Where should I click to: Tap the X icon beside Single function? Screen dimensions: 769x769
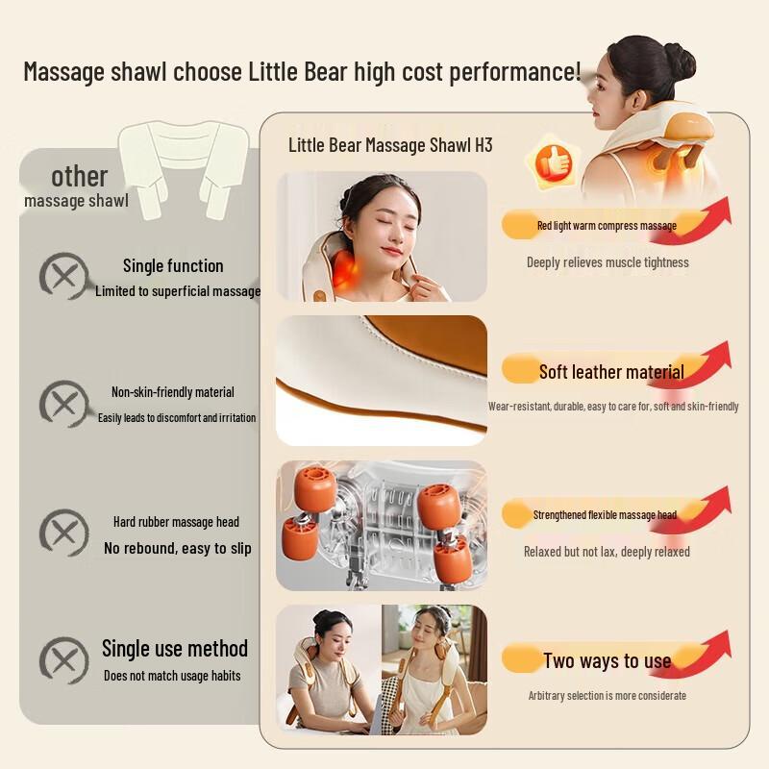63,276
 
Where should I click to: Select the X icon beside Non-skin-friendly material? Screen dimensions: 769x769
63,404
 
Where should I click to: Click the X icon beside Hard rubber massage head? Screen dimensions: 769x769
63,532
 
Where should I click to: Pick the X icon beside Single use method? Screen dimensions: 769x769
63,660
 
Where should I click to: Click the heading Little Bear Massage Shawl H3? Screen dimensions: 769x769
390,145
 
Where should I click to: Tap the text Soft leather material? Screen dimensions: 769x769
611,372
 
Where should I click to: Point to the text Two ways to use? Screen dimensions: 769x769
607,660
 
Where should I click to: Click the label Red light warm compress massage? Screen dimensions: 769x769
607,226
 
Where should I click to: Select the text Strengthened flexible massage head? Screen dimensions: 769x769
605,515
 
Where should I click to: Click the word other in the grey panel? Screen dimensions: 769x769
80,177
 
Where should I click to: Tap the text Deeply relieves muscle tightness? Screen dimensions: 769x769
608,262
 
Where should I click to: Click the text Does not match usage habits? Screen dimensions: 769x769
172,676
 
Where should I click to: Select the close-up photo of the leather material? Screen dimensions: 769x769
382,380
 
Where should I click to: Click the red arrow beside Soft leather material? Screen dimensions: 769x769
697,365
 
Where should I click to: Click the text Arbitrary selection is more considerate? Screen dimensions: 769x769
608,696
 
